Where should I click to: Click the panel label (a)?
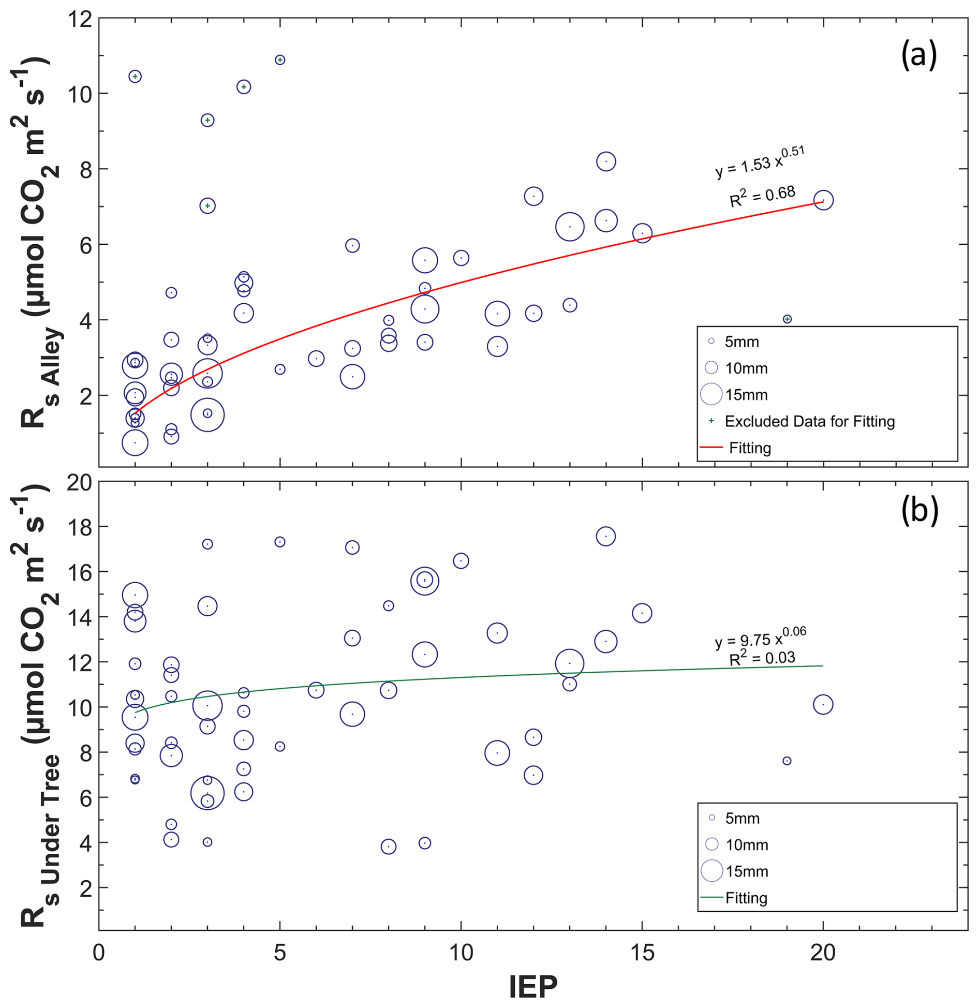[918, 55]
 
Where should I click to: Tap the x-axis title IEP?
[533, 986]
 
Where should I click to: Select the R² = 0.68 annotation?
[762, 196]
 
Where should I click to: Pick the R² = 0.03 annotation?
[762, 659]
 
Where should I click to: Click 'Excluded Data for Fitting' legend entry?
[809, 421]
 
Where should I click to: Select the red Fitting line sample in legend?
[711, 447]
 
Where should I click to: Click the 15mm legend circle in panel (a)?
[711, 394]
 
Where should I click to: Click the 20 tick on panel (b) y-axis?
[80, 482]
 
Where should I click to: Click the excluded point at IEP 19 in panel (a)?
[787, 319]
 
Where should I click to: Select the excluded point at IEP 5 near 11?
[280, 60]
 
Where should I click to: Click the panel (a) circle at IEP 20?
[823, 200]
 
